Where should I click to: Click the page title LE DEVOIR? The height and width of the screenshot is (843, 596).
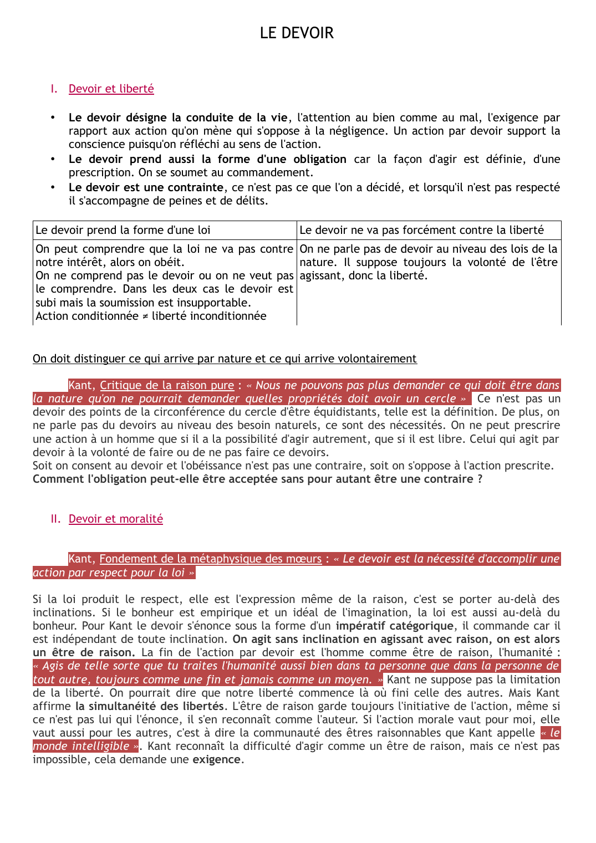coord(297,33)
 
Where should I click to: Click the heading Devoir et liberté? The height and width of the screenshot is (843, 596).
coord(111,89)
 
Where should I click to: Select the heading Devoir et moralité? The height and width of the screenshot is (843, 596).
coord(115,519)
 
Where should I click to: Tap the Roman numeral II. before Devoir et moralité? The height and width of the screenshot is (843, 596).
coord(55,519)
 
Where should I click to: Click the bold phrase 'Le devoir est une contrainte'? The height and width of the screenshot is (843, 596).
coord(146,187)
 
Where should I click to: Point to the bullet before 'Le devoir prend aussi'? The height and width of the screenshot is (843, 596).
coord(53,159)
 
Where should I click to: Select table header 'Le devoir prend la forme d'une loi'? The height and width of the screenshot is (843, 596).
coord(123,230)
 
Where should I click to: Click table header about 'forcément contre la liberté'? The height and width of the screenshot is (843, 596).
coord(421,230)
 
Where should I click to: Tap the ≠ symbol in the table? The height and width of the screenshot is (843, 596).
coord(145,316)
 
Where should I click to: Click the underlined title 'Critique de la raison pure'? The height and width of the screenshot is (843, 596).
coord(167,385)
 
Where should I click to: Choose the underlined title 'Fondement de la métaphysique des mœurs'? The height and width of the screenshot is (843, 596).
coord(210,559)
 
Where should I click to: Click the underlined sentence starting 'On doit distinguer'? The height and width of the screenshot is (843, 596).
coord(225,359)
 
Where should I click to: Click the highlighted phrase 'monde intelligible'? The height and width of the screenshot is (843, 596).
coord(81,746)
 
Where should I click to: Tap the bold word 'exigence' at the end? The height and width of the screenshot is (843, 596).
coord(216,759)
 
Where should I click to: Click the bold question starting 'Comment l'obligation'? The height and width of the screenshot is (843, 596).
coord(257,479)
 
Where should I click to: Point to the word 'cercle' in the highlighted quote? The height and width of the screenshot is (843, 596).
coord(440,398)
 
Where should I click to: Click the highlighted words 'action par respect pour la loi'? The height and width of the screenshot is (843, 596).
coord(109,573)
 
